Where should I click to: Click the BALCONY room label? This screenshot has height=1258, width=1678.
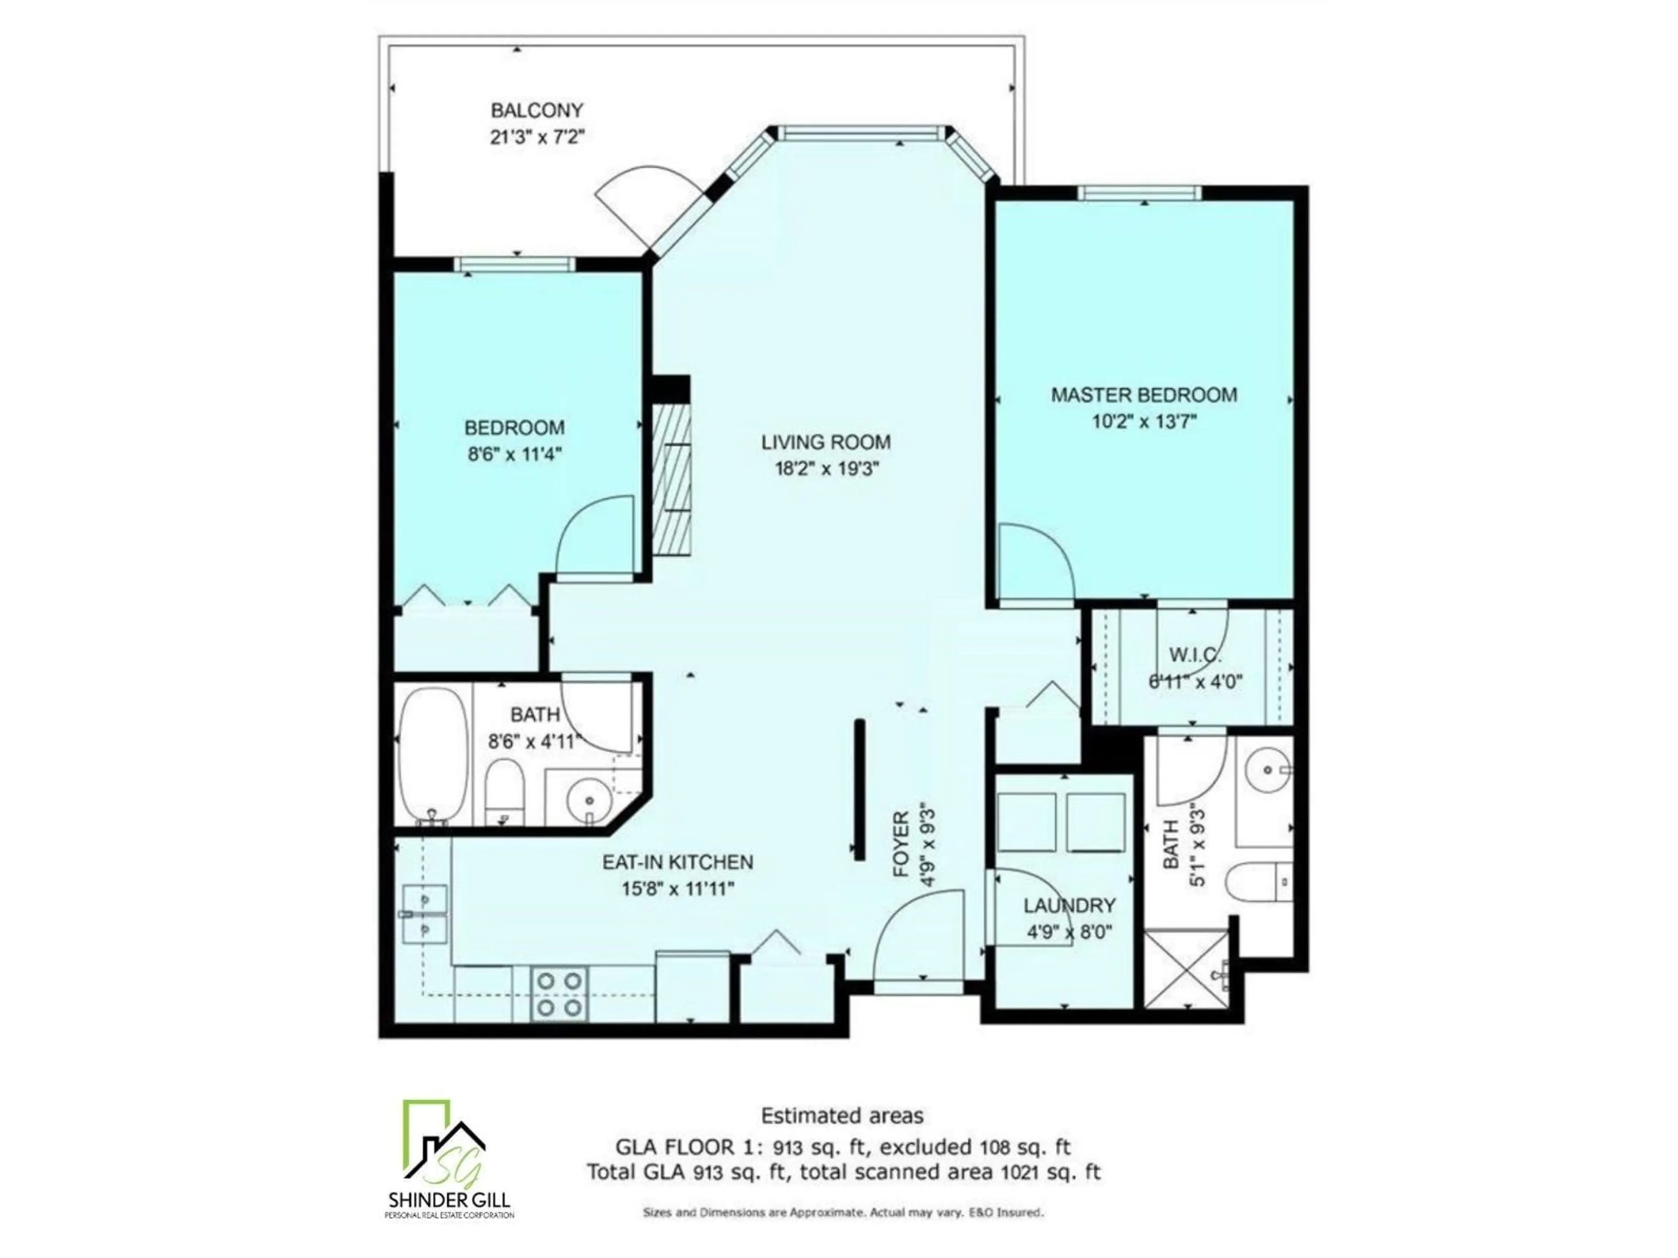(537, 111)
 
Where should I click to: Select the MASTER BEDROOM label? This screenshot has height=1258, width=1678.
(1143, 395)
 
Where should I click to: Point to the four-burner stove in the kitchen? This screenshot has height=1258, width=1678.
(560, 993)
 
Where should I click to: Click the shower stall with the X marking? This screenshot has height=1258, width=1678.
(1185, 968)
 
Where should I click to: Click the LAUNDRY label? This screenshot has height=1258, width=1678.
(1069, 905)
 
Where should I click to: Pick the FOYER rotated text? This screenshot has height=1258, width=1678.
(901, 844)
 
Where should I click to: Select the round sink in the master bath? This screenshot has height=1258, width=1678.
(1269, 770)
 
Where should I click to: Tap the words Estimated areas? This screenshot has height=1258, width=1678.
(842, 1116)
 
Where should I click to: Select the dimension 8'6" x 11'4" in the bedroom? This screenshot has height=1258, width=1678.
(514, 454)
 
